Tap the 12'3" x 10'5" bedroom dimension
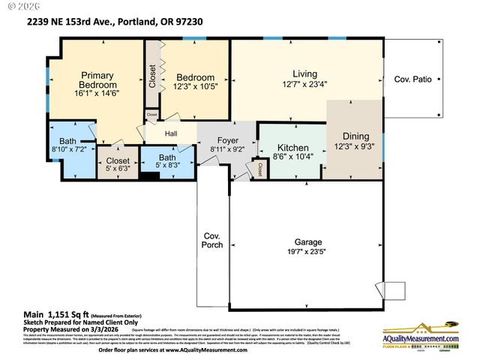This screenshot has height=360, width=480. click(195, 87)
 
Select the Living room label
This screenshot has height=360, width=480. click(304, 73)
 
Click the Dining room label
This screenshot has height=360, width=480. click(355, 136)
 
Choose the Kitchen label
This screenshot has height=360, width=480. click(289, 148)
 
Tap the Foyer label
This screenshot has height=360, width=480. click(227, 140)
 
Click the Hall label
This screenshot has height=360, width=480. click(171, 134)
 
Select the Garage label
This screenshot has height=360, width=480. click(308, 242)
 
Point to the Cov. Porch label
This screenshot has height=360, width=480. click(213, 241)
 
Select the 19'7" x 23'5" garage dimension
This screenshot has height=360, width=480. click(308, 253)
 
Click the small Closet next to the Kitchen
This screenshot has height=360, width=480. click(260, 168)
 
